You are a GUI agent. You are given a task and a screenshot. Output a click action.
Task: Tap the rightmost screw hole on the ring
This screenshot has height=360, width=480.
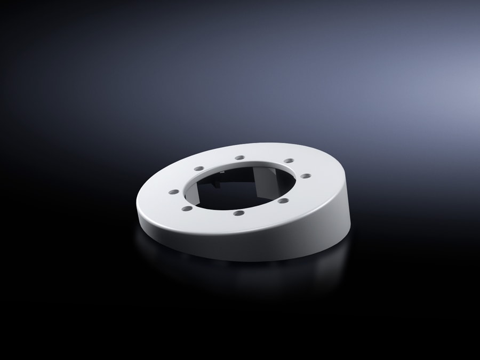305,175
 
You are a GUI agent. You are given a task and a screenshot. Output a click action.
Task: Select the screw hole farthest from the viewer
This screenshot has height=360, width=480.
239,157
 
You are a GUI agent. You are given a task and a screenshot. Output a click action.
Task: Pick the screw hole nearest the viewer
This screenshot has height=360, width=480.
239,212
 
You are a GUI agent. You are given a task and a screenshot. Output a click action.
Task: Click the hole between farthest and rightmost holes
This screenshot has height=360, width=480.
288,160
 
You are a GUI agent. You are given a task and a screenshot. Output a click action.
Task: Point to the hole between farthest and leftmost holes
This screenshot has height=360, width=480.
199,169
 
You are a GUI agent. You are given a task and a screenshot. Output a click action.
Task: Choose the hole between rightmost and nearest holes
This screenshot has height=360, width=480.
283,201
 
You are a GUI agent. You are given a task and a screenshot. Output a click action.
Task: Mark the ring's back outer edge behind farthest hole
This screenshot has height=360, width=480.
240,145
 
